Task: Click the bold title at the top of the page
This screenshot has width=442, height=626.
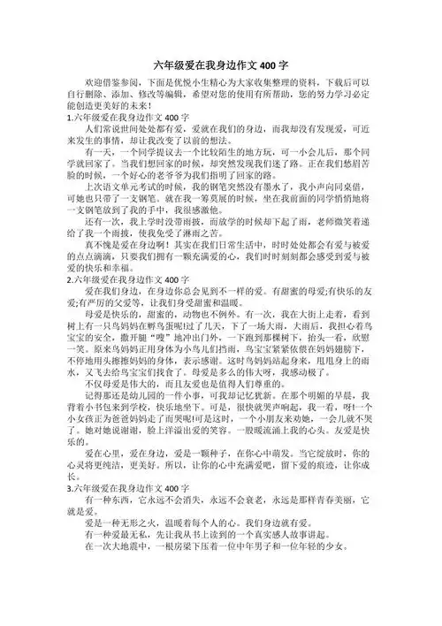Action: [221, 65]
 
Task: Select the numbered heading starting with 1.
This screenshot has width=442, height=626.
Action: [124, 140]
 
